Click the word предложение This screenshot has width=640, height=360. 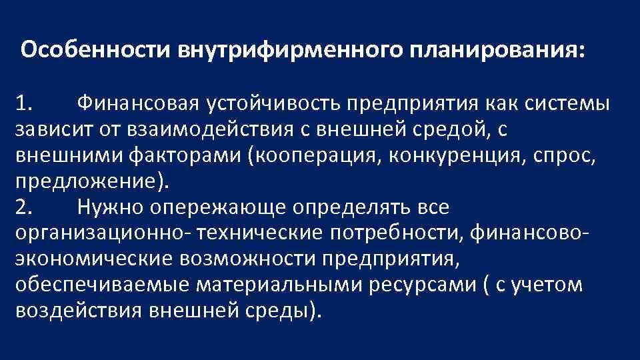click(87, 181)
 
